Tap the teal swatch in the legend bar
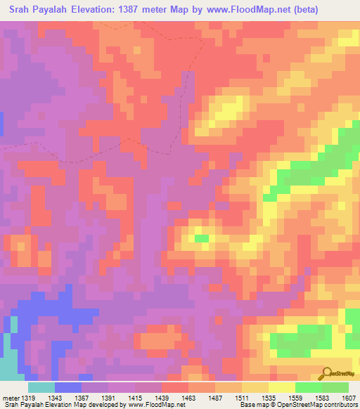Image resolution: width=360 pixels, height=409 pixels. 41,387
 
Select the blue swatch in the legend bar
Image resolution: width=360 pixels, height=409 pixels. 68,387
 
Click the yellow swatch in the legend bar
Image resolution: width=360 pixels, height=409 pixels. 282,387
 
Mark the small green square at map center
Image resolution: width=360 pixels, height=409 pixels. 202,238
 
